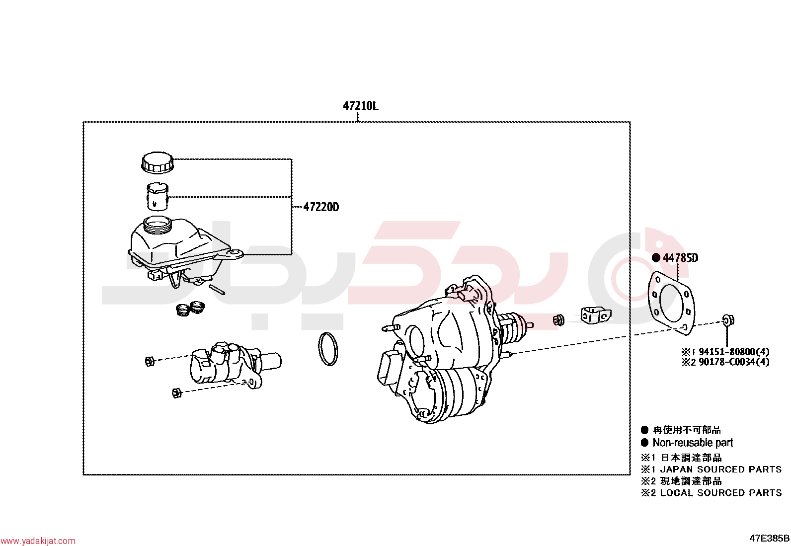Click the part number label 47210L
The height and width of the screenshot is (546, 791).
pyautogui.click(x=360, y=106)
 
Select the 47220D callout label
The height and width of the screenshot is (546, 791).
pyautogui.click(x=321, y=207)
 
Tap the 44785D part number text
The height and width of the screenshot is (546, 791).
pyautogui.click(x=681, y=258)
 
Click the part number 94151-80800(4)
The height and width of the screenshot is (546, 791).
pyautogui.click(x=734, y=352)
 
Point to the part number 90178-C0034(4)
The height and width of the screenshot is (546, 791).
pyautogui.click(x=734, y=362)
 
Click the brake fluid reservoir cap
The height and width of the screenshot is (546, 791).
pyautogui.click(x=158, y=163)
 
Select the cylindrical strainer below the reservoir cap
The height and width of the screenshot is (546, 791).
pyautogui.click(x=158, y=197)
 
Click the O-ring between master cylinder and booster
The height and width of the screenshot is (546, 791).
pyautogui.click(x=328, y=349)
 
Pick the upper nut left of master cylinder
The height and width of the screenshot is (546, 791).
pyautogui.click(x=150, y=361)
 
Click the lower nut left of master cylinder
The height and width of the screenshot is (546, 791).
pyautogui.click(x=176, y=392)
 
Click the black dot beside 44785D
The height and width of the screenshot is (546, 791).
pyautogui.click(x=656, y=258)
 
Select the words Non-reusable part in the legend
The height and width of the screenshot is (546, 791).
pyautogui.click(x=693, y=443)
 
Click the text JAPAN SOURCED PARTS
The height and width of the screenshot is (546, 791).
pyautogui.click(x=721, y=469)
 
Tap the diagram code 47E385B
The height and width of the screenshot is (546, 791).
pyautogui.click(x=770, y=538)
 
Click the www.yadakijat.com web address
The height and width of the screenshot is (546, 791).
pyautogui.click(x=38, y=541)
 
